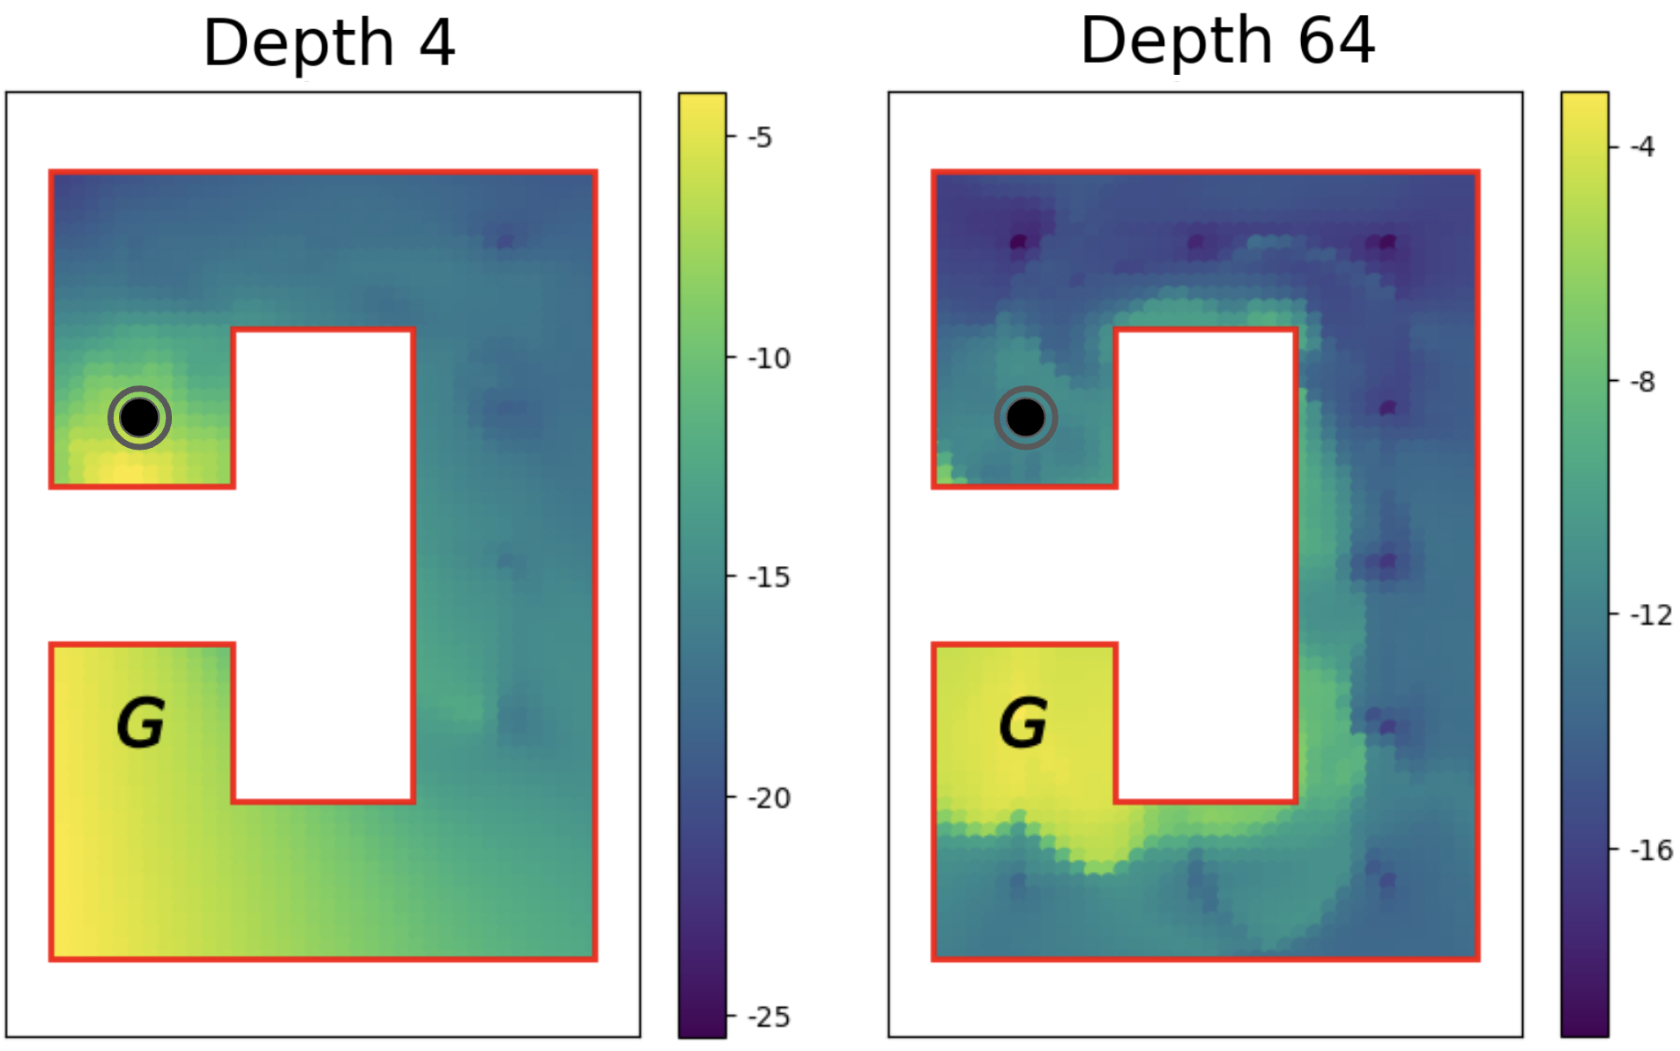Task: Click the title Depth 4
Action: [x=328, y=42]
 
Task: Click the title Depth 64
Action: [x=1227, y=41]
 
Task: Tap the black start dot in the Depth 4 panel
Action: [x=139, y=418]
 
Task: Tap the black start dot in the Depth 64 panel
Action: [x=1025, y=418]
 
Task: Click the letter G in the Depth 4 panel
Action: [x=141, y=723]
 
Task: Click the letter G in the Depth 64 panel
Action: [x=1023, y=723]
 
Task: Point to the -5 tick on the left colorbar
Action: [x=759, y=138]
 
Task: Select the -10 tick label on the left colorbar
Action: [x=768, y=358]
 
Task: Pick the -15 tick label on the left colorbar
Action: [x=768, y=578]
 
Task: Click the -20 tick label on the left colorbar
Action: [x=768, y=798]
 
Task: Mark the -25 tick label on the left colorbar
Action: [x=768, y=1017]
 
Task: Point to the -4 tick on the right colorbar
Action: [x=1641, y=146]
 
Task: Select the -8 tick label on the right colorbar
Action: [x=1641, y=382]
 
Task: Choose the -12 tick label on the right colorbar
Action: [x=1650, y=615]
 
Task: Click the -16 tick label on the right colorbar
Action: [x=1650, y=850]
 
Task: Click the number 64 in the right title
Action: [x=1336, y=41]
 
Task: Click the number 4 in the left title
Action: [x=437, y=42]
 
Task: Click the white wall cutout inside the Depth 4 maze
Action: [x=323, y=564]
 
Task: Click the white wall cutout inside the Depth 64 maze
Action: [x=1206, y=564]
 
